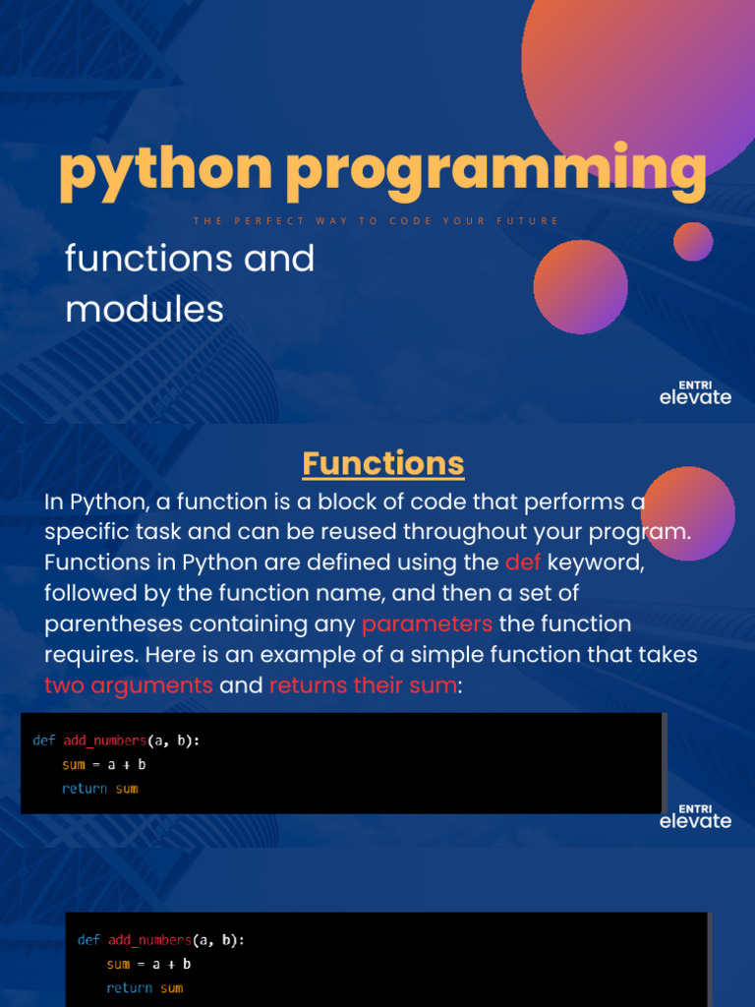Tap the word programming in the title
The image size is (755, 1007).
pos(495,171)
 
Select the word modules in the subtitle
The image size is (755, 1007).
pos(145,310)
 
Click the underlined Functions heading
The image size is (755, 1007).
pos(382,462)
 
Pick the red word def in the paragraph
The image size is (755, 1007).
pos(523,563)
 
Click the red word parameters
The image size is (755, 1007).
pos(427,623)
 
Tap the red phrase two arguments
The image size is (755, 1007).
pos(129,684)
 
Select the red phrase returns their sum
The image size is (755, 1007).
pos(363,684)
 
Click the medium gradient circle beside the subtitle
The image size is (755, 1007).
pos(580,286)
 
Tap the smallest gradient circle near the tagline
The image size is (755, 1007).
pos(693,241)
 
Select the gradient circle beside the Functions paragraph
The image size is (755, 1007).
pos(687,513)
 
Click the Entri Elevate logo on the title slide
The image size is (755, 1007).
pos(695,391)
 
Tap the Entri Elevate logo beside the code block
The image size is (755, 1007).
pos(695,815)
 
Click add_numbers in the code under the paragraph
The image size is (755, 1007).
pos(103,740)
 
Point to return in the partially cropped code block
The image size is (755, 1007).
pos(130,987)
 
